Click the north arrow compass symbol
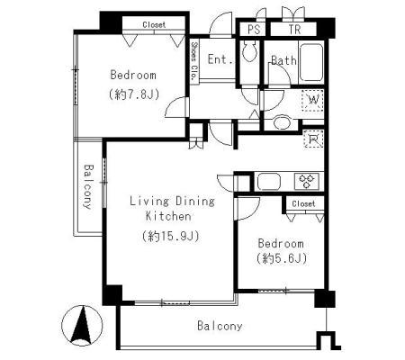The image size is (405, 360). pos(82,326)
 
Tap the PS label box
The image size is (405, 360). pos(254,30)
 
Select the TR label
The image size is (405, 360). pos(294,30)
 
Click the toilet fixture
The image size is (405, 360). pos(249,51)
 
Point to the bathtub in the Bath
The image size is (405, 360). pos(311,63)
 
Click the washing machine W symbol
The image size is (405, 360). pos(313,100)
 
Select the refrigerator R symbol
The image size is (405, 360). pos(313,139)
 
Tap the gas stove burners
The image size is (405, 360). pos(306,181)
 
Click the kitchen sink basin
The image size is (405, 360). pos(269,182)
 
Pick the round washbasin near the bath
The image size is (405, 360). pos(282,122)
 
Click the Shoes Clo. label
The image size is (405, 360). pos(194,61)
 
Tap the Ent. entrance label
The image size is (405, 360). pos(220,59)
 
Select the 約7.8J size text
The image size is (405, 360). pos(133,94)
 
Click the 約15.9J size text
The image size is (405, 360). pos(170,236)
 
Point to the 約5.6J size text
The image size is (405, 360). pos(282,258)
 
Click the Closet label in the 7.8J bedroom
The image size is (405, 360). pos(154,24)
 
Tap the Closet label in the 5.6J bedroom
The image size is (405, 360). pos(303,203)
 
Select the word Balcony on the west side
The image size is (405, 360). pos(88,186)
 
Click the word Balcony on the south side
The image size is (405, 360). pos(220,326)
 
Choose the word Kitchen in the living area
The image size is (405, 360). pos(168,216)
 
